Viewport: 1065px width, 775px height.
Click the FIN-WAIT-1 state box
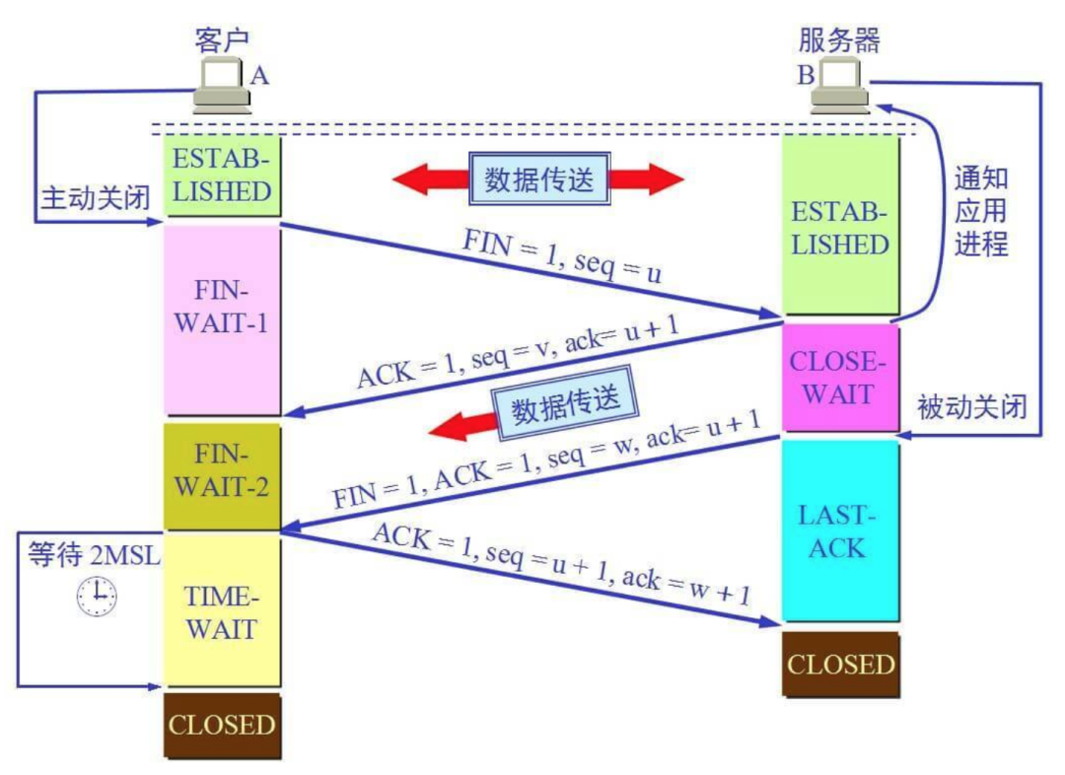223,319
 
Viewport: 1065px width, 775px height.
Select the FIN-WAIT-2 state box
222,477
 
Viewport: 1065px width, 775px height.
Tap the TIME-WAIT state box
222,611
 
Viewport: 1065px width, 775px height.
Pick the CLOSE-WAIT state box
841,377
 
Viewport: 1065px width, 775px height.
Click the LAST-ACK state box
841,530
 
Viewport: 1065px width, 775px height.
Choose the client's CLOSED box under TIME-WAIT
222,726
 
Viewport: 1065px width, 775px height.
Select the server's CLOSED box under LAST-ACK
841,665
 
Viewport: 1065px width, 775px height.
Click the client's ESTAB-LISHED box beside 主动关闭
223,176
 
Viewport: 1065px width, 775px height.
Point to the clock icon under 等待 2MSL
97,596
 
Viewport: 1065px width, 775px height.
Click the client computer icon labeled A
222,85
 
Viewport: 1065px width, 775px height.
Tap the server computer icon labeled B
840,86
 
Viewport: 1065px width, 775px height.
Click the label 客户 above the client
222,39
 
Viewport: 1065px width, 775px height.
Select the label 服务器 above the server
839,40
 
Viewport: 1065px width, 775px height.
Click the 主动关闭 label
96,198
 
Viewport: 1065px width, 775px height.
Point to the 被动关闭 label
972,407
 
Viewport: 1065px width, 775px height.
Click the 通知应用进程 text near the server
981,211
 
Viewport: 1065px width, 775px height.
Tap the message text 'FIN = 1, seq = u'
562,256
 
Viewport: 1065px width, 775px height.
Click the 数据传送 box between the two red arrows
539,179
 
